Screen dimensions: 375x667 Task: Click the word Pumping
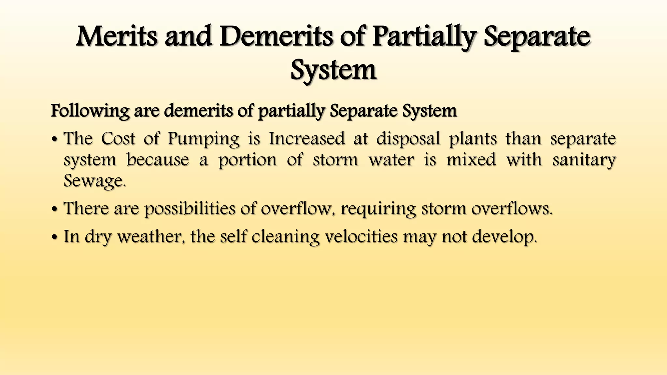pos(204,139)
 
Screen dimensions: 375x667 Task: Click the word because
pos(158,160)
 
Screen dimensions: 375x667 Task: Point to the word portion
pos(247,160)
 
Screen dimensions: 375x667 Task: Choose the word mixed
pos(471,160)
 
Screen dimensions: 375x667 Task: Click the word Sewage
pos(94,181)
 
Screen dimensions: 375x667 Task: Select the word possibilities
pos(190,209)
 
